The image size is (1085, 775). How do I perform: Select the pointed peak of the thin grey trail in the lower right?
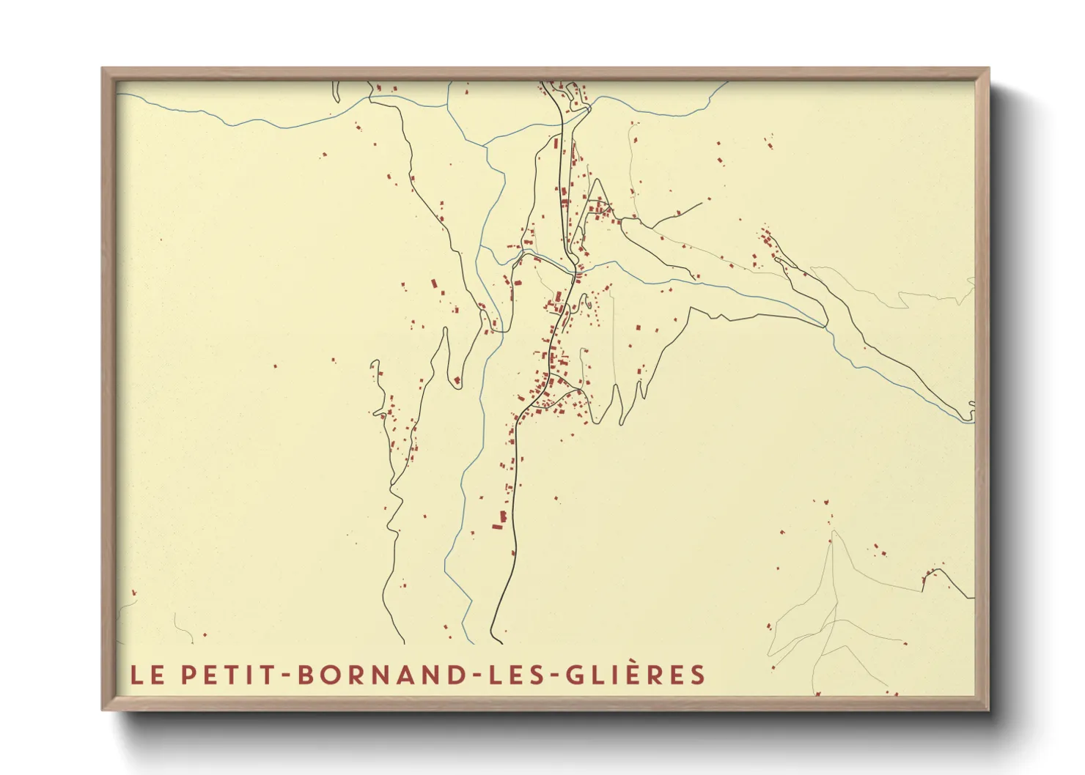click(832, 531)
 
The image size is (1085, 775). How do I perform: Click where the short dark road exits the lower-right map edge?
click(973, 597)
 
